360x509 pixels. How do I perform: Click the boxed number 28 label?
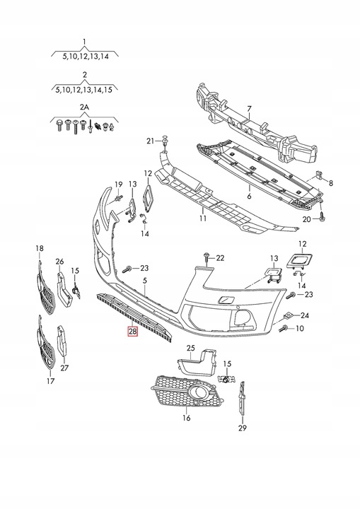click(133, 332)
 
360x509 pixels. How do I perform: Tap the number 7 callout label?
click(248, 109)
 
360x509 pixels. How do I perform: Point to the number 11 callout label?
click(202, 220)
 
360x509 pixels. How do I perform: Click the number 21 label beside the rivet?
click(150, 141)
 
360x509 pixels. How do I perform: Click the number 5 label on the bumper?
click(145, 281)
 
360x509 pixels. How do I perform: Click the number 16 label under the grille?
click(186, 418)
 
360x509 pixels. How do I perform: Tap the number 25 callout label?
click(190, 349)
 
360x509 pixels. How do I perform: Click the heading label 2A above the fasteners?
click(84, 106)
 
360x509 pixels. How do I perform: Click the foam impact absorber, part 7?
click(255, 131)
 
